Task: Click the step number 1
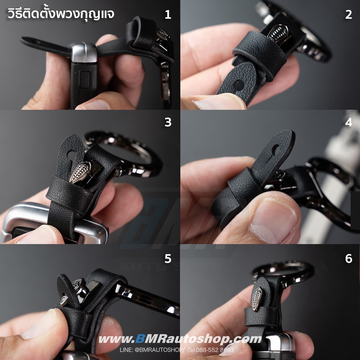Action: pos(168,14)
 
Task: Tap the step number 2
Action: pos(348,14)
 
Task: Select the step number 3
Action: pos(168,122)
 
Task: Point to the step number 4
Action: pos(348,122)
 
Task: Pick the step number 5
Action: pos(168,258)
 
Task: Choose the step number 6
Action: pos(348,258)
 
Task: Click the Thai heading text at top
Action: pos(61,14)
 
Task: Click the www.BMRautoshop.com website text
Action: pos(180,339)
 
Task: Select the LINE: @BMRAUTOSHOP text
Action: pos(152,350)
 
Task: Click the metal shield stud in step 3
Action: pos(80,172)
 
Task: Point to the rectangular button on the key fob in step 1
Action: pos(85,80)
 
